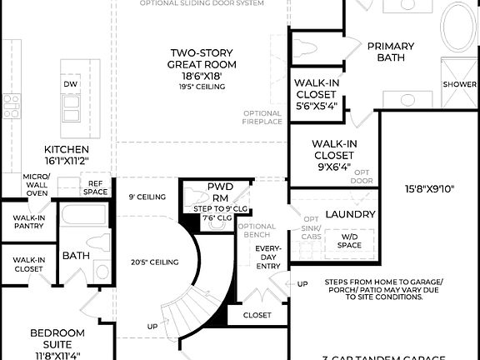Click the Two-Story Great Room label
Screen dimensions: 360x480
(202, 57)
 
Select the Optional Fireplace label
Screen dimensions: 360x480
(262, 118)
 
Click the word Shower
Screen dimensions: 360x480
(460, 85)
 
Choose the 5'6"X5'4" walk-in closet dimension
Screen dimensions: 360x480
(316, 106)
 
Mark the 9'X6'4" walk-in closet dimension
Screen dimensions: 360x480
(334, 166)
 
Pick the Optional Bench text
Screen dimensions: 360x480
(257, 231)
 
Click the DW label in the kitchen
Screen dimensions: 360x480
(70, 85)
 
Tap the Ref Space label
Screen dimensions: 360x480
(96, 187)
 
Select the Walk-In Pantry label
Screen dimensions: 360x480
(28, 222)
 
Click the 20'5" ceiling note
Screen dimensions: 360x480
(155, 262)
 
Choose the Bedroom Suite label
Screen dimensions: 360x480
(57, 338)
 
